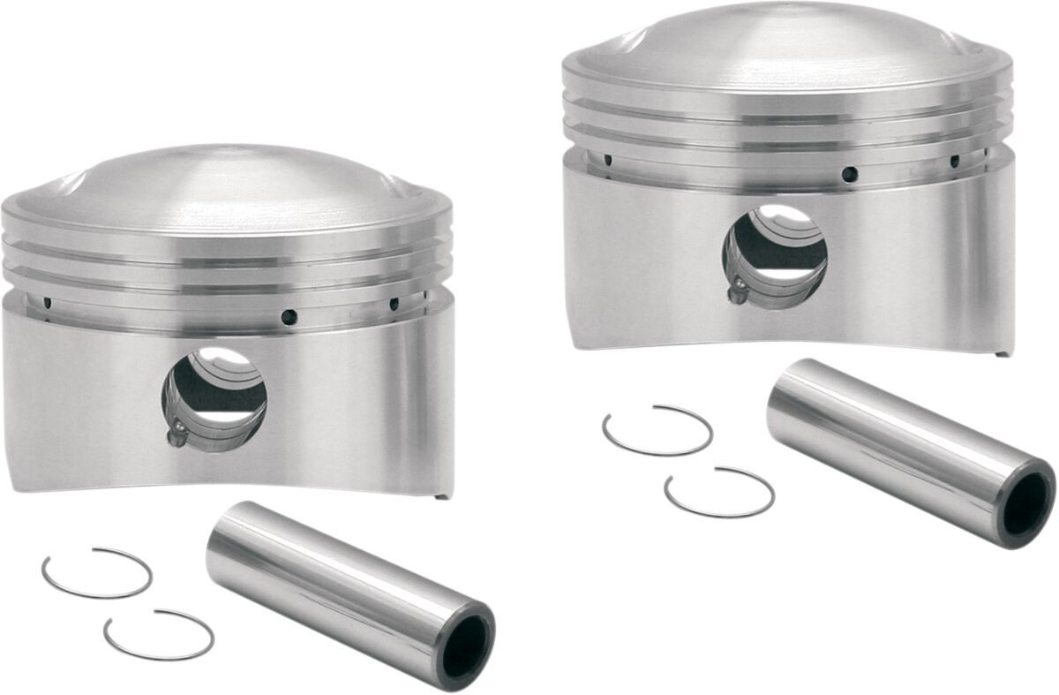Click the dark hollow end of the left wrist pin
(x=467, y=646)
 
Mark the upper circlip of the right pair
(x=657, y=430)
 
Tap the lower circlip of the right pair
(x=719, y=492)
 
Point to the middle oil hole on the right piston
(x=848, y=173)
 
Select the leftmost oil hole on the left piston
(x=47, y=303)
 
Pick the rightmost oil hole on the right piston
(x=954, y=161)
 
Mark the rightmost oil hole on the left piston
(x=394, y=304)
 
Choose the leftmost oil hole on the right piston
(x=607, y=160)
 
